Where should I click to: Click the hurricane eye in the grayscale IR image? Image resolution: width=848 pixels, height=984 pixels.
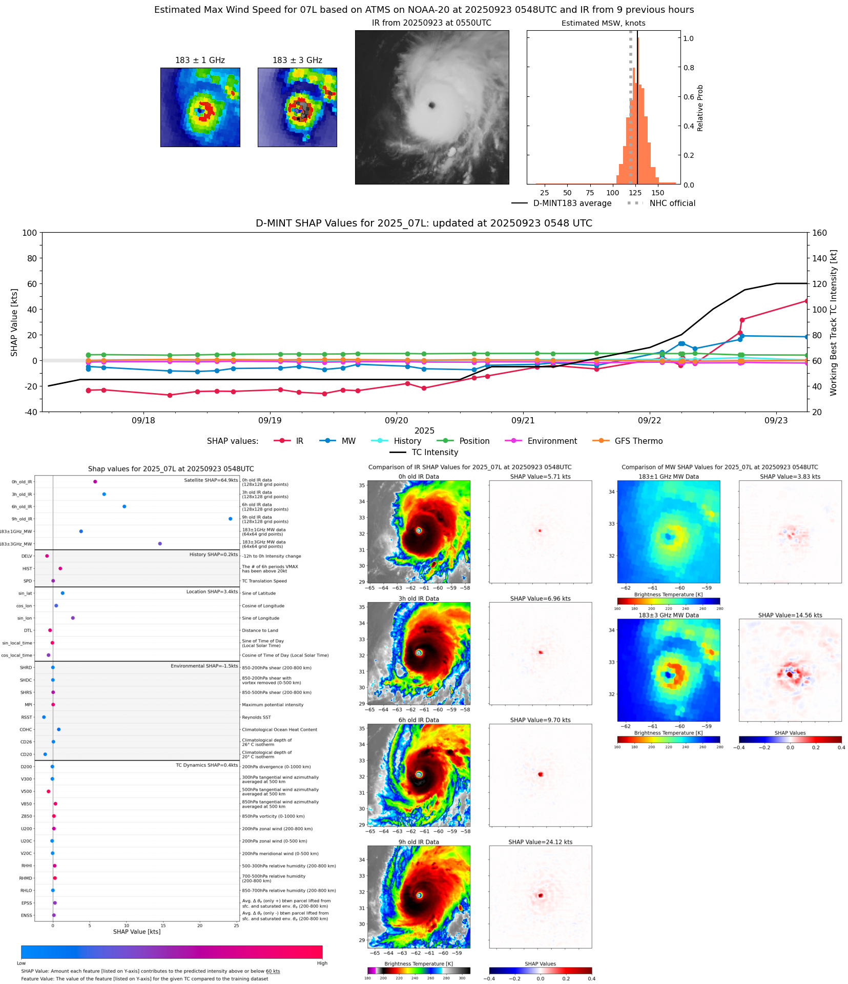(431, 105)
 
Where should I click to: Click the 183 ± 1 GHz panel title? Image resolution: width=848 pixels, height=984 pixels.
(200, 60)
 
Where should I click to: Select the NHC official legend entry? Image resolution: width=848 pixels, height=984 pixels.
(672, 203)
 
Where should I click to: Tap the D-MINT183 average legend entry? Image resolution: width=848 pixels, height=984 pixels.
(572, 203)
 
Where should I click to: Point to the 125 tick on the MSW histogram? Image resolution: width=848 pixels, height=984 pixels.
(635, 193)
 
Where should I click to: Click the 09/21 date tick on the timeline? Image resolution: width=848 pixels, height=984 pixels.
(523, 420)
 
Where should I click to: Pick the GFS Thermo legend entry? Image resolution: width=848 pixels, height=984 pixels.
(638, 441)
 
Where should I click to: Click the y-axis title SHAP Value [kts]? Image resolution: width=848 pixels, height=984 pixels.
(14, 322)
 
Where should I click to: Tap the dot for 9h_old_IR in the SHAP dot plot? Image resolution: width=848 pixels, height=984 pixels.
(230, 519)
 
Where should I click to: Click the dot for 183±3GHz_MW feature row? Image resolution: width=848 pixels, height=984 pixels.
(160, 543)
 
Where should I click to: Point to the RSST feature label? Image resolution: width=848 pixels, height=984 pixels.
(27, 717)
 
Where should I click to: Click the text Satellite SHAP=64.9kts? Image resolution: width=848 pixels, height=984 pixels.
(211, 480)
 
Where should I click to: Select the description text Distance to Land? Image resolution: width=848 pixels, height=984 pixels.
(260, 630)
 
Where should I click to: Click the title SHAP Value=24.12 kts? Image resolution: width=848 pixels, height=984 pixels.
(540, 842)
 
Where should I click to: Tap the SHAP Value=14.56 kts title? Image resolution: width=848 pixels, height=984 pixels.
(790, 615)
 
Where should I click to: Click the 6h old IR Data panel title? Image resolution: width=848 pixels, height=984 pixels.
(419, 720)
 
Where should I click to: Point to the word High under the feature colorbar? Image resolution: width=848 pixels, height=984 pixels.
(322, 963)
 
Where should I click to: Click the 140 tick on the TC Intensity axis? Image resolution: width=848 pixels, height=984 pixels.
(819, 258)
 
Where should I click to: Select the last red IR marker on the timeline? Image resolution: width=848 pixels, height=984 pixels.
(806, 301)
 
